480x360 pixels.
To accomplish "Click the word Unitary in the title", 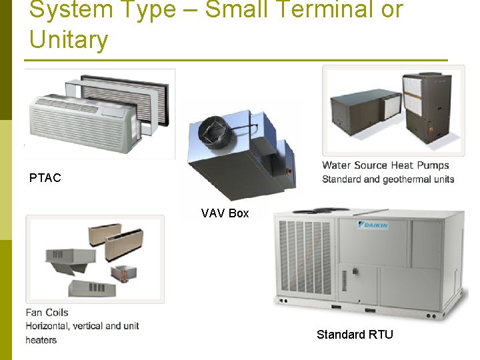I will (x=68, y=40).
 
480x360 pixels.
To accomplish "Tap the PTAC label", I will (x=45, y=178).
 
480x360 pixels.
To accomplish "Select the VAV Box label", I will (x=225, y=213).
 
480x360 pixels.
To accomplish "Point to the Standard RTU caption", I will (x=355, y=334).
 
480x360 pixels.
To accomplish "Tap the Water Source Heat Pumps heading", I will (x=385, y=165).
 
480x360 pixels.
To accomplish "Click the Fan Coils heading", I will (x=47, y=312).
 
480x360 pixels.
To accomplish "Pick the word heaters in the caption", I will (x=41, y=340).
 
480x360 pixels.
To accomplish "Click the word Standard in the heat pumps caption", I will (x=341, y=179).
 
